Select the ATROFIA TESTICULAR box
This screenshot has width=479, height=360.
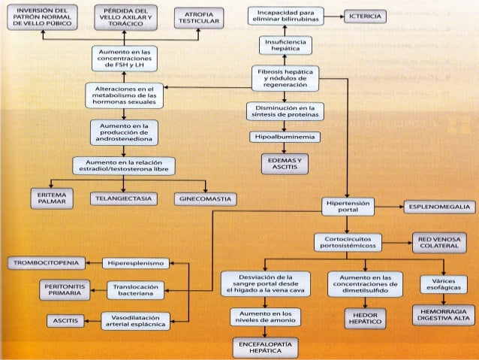click(197, 18)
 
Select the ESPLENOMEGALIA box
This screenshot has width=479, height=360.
click(439, 206)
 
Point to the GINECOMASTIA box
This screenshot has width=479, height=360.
click(205, 199)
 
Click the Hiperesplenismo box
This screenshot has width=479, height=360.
click(136, 263)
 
